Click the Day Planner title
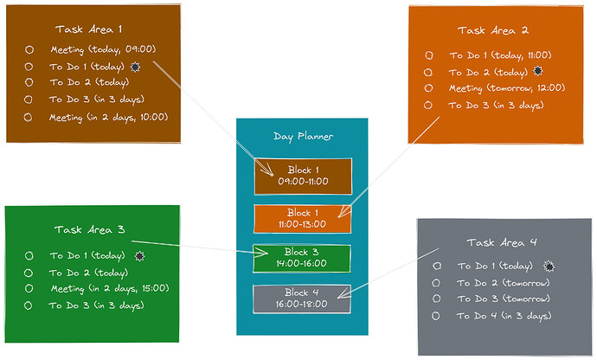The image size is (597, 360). click(303, 137)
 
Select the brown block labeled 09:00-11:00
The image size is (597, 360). click(303, 176)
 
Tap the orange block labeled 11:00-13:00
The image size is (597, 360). click(302, 219)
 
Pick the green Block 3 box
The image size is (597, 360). click(302, 258)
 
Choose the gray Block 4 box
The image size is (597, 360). click(302, 299)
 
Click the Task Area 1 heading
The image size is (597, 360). click(89, 29)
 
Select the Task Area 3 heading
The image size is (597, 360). click(89, 229)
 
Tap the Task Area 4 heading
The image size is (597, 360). click(502, 242)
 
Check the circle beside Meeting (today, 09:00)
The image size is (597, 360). click(29, 49)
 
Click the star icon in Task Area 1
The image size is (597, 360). click(135, 67)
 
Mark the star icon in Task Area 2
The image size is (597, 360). click(537, 70)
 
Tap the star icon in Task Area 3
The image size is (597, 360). click(139, 256)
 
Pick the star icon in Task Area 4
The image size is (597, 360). click(549, 266)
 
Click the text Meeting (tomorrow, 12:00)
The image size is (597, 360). click(507, 88)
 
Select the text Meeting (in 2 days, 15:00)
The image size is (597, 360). click(110, 288)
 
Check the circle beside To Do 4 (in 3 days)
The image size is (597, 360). click(436, 316)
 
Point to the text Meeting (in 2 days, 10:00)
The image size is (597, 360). click(108, 118)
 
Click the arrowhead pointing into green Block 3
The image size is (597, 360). click(261, 252)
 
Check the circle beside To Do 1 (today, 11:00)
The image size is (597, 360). click(429, 55)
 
